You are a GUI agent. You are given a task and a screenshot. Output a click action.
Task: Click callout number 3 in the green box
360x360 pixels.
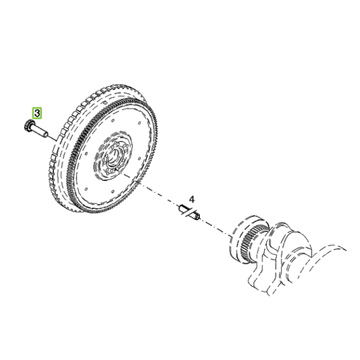37,113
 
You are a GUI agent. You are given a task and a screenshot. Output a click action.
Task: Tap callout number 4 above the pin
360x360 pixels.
192,199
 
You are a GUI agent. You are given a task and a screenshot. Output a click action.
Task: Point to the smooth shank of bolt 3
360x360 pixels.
40,131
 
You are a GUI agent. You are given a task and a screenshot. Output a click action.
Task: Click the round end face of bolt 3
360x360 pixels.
46,134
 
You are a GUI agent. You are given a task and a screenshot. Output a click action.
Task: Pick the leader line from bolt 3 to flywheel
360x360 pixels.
52,138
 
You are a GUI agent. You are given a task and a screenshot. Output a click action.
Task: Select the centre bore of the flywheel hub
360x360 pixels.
113,156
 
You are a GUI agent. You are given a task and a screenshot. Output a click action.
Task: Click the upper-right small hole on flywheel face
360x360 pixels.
139,123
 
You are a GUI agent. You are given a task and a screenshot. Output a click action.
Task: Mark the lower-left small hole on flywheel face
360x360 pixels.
86,190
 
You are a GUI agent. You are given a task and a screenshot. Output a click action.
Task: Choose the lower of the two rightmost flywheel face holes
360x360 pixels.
139,158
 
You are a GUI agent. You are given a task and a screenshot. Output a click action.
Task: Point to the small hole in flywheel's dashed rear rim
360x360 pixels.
106,102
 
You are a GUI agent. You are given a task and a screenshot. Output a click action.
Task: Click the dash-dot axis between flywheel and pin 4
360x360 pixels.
152,190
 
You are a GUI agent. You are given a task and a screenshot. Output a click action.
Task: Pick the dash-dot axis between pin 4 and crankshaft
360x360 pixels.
215,227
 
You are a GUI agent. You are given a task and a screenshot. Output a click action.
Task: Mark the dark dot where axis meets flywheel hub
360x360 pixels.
116,169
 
